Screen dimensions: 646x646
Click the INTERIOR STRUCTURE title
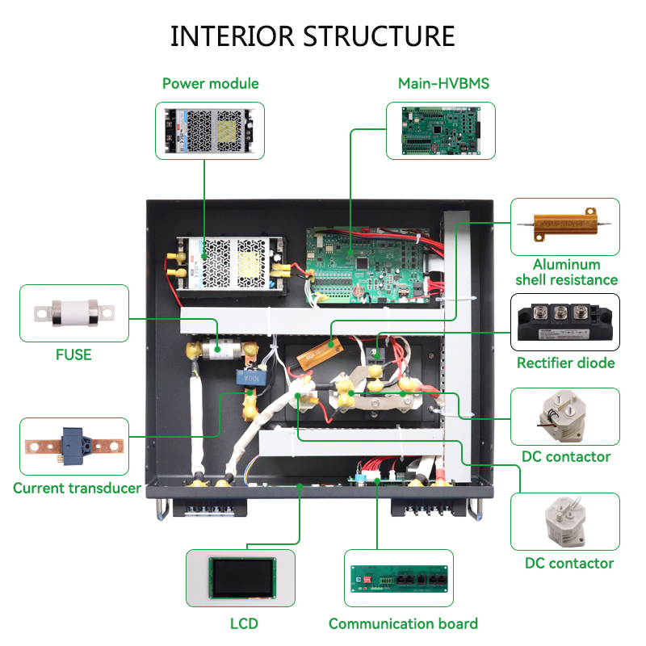tap(313, 36)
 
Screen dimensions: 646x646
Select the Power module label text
tap(210, 83)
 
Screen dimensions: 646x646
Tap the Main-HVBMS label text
tap(443, 83)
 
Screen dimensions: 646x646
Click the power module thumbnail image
tap(210, 130)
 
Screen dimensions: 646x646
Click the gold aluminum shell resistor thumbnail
tap(564, 227)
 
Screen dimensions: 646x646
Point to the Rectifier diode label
tap(565, 363)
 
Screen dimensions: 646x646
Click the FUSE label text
tap(73, 354)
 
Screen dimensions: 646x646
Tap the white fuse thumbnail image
tap(73, 314)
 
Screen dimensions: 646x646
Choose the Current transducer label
tap(77, 488)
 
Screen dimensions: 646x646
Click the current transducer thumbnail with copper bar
tap(73, 446)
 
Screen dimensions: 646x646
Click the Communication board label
tap(403, 623)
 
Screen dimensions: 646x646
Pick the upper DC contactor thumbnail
tap(564, 416)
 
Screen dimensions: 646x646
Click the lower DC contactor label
tap(569, 563)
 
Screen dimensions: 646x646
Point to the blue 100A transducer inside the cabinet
tap(244, 376)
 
